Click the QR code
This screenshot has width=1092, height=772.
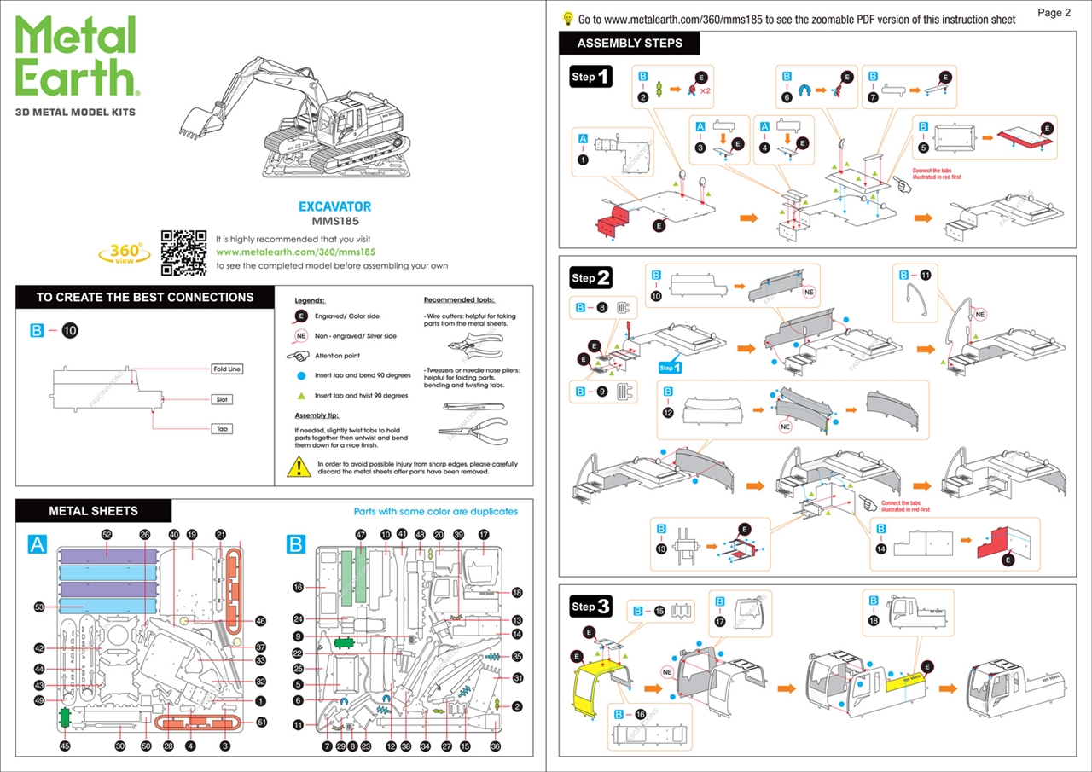tap(183, 252)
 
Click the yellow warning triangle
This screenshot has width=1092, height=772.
tap(299, 467)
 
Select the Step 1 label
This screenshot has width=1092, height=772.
tap(591, 77)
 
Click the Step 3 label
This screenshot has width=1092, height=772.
tap(591, 607)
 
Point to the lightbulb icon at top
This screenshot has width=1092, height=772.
tap(567, 19)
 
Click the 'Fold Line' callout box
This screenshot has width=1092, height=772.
tap(228, 369)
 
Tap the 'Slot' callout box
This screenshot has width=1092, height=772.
tap(223, 399)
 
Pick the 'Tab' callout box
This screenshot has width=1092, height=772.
tap(223, 429)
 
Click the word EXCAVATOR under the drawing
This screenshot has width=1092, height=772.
tap(334, 207)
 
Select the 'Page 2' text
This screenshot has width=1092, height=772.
tap(1054, 13)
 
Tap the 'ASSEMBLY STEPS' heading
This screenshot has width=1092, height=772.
tap(630, 44)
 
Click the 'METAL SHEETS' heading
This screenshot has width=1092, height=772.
tap(93, 511)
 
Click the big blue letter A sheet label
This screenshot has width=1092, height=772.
tap(37, 545)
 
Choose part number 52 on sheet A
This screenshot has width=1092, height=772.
tap(107, 535)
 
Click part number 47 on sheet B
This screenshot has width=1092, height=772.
tap(360, 535)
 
